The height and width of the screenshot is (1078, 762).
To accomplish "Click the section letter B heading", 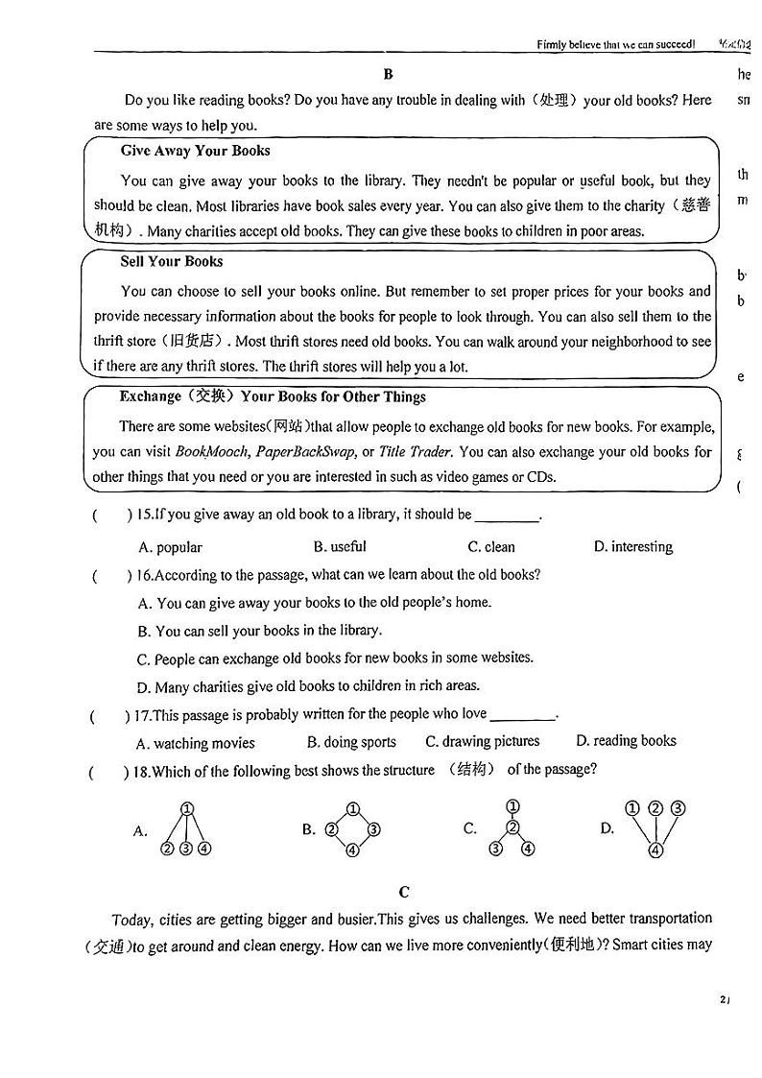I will [388, 74].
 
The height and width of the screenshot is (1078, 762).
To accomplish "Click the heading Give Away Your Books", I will [195, 151].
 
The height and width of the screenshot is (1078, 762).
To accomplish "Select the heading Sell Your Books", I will [171, 261].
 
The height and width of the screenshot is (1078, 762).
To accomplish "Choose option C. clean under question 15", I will [491, 547].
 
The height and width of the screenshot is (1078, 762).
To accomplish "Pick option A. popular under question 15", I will [171, 547].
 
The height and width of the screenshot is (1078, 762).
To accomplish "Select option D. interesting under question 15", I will [632, 547].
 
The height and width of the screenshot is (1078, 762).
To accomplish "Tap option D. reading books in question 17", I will [626, 741].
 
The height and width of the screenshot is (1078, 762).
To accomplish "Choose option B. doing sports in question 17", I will [351, 742].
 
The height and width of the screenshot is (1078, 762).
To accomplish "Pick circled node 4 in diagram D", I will [655, 850].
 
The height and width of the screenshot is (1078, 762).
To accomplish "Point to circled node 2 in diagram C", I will [512, 827].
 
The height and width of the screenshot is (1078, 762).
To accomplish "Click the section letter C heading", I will [404, 892].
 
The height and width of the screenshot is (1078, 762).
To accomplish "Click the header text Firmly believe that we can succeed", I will [615, 44].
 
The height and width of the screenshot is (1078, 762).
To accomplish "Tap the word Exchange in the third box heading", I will [150, 396].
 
